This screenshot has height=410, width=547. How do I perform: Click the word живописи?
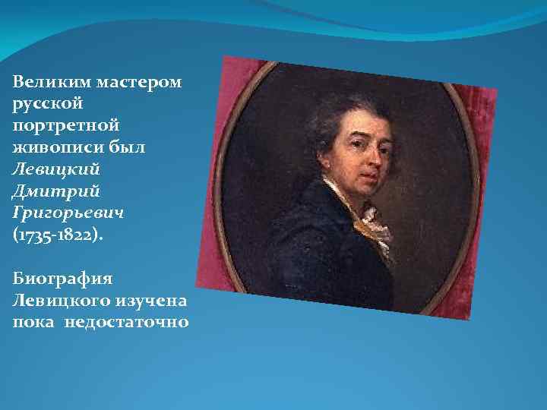coord(52,141)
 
